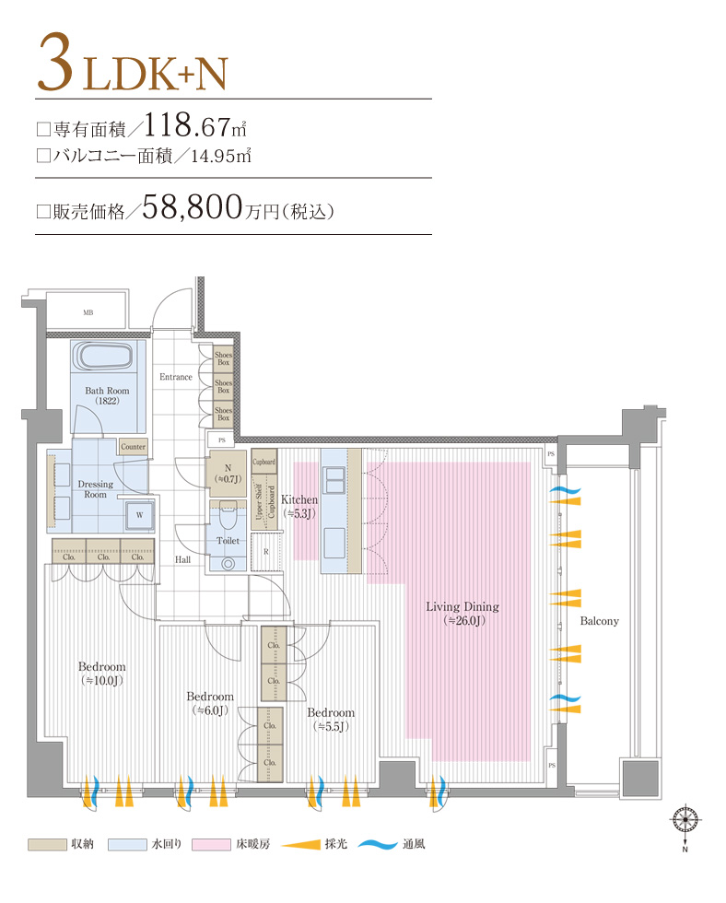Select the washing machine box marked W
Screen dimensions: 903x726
click(x=139, y=514)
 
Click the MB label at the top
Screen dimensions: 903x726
click(x=88, y=313)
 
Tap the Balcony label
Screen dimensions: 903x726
click(x=599, y=621)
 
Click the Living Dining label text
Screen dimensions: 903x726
click(x=462, y=606)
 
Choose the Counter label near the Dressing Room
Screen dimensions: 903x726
click(x=133, y=447)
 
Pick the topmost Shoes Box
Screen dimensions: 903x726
click(x=223, y=358)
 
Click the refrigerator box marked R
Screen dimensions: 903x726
click(x=266, y=551)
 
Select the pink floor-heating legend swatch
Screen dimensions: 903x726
click(x=211, y=844)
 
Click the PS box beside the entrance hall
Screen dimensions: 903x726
click(x=221, y=440)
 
